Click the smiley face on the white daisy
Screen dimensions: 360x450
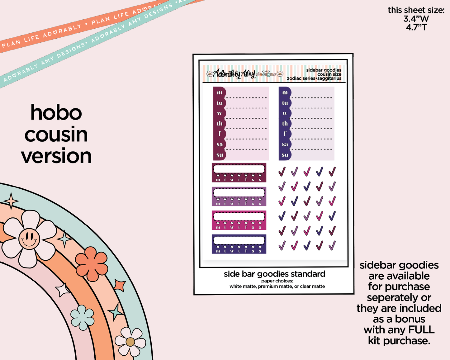pyautogui.click(x=29, y=239)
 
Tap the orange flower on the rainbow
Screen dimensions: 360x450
pyautogui.click(x=92, y=264)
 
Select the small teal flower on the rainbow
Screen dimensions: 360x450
pyautogui.click(x=82, y=317)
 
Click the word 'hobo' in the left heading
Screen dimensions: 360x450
pyautogui.click(x=56, y=112)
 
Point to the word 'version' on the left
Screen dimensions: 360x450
pyautogui.click(x=56, y=156)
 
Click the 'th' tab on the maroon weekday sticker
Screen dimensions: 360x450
pyautogui.click(x=220, y=124)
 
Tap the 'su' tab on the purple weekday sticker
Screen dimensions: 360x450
pyautogui.click(x=285, y=155)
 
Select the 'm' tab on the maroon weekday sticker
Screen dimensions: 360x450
pyautogui.click(x=220, y=92)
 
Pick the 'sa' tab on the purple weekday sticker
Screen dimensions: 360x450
pyautogui.click(x=285, y=144)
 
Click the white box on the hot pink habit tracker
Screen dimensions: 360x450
pyautogui.click(x=239, y=216)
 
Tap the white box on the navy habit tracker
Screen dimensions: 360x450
pyautogui.click(x=239, y=240)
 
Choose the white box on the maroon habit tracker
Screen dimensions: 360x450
pyautogui.click(x=239, y=169)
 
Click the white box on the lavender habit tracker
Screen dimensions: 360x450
pyautogui.click(x=239, y=192)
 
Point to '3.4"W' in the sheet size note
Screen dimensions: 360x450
pyautogui.click(x=416, y=19)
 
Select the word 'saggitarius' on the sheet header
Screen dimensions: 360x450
pyautogui.click(x=329, y=78)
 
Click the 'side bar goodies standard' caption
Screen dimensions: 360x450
pyautogui.click(x=274, y=274)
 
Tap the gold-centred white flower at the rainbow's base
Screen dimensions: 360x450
pyautogui.click(x=130, y=342)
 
